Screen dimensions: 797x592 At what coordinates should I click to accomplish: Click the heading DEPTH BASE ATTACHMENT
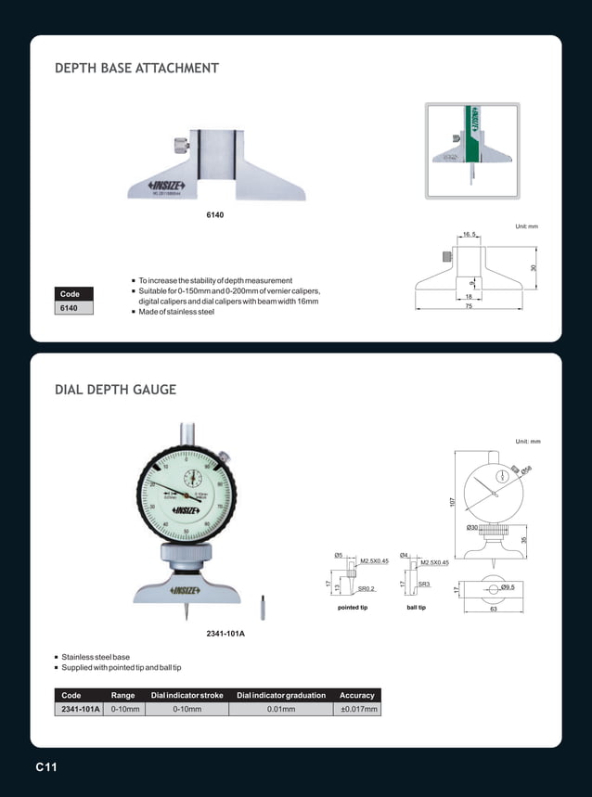(x=137, y=69)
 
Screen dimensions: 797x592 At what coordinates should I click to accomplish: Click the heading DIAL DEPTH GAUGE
(x=116, y=390)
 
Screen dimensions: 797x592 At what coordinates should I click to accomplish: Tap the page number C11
(x=46, y=767)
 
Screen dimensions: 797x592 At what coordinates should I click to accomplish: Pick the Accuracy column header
(x=356, y=695)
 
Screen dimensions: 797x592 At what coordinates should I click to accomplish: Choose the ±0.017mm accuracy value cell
(x=356, y=710)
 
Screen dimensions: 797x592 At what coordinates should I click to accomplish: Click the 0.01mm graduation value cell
(x=280, y=710)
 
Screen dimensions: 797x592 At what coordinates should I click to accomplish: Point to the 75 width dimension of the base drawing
(x=470, y=305)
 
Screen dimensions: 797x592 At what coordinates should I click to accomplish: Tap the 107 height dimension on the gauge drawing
(x=452, y=502)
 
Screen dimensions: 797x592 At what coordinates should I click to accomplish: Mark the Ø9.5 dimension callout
(x=508, y=587)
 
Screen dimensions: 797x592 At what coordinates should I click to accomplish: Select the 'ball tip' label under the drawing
(x=416, y=608)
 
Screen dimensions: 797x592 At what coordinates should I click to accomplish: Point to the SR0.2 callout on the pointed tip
(x=367, y=588)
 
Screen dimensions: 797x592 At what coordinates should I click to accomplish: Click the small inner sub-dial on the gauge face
(x=192, y=478)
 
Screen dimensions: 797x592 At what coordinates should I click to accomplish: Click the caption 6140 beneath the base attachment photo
(x=215, y=214)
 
